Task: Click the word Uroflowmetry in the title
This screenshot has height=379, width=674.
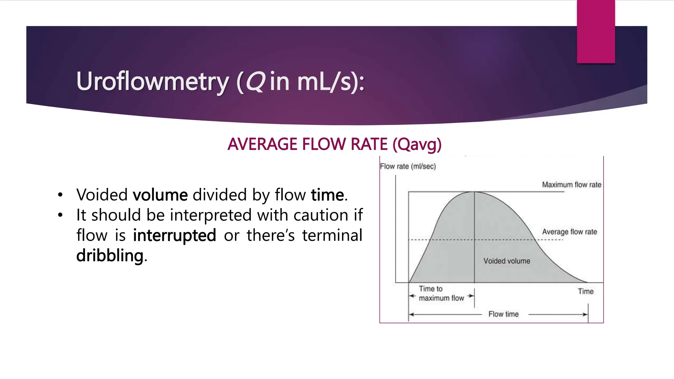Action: pos(152,81)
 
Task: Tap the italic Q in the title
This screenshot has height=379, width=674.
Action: pos(255,81)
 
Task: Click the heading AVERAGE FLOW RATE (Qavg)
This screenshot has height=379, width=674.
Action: pos(334,144)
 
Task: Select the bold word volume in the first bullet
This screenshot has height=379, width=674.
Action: pos(160,195)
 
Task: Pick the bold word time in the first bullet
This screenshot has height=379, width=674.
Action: pos(327,195)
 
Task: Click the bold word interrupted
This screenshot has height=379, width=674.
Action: pos(174,236)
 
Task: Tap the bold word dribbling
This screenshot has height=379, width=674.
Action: pos(110,256)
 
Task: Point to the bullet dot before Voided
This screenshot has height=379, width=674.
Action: pos(60,195)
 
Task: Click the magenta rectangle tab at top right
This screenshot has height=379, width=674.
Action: pos(596,32)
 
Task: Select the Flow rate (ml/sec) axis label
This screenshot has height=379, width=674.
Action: pos(408,166)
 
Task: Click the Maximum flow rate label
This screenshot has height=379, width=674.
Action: pos(571,185)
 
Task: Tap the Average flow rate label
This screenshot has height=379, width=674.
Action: pos(569,232)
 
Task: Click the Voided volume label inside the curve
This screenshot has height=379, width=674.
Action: pos(506,261)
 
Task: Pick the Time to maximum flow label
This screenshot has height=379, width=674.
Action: pos(441,293)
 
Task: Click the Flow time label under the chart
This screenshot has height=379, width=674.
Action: pos(503,314)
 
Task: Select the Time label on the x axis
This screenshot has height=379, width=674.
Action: pos(585,291)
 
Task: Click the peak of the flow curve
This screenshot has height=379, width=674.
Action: pos(474,192)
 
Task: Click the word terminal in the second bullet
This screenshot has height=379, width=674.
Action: pos(332,236)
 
